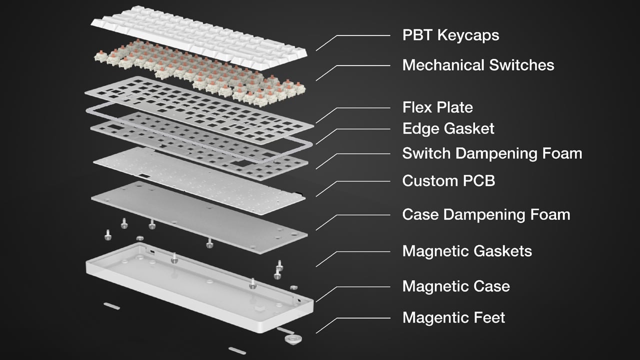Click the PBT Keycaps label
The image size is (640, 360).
point(450,35)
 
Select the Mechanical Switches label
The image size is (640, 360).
point(478,65)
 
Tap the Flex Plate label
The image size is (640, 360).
point(437,107)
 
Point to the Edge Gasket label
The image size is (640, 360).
point(448,128)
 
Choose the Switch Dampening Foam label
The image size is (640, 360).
point(492,153)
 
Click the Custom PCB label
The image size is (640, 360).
point(448,180)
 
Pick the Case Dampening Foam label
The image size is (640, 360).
point(486,214)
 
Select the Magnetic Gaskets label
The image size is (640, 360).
point(467,250)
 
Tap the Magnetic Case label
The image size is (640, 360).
point(456,286)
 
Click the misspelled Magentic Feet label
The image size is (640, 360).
point(453,317)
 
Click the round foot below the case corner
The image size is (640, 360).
point(291,339)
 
